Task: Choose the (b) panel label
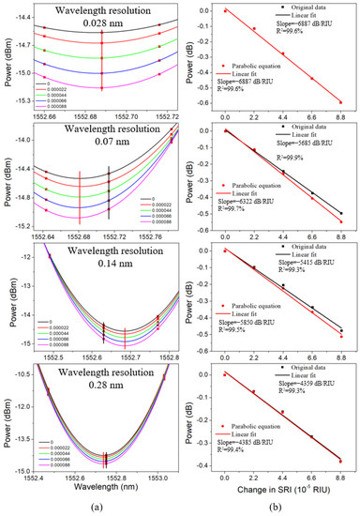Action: (279, 508)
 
